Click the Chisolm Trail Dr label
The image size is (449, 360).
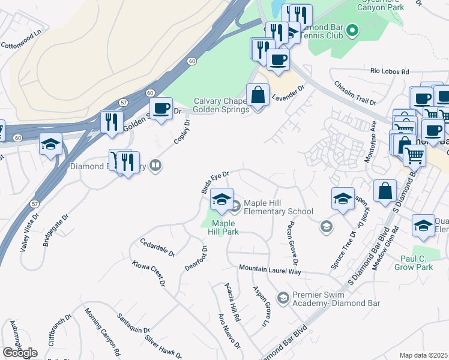click(x=354, y=94)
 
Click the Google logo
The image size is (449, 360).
click(x=20, y=353)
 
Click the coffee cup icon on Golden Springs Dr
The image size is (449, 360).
click(x=160, y=108)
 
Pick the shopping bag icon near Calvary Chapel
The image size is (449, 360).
click(x=258, y=94)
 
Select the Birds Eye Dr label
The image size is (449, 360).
click(x=215, y=182)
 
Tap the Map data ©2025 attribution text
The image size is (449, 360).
click(x=424, y=355)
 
